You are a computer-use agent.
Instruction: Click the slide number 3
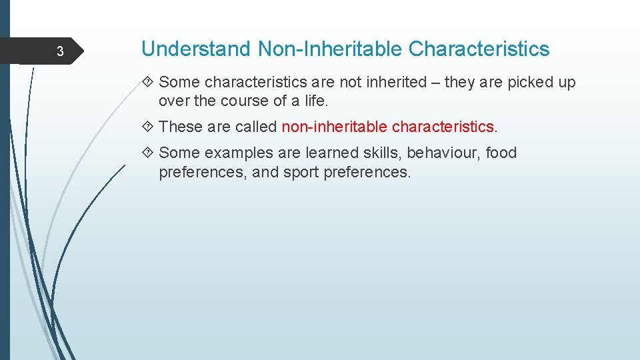(59, 52)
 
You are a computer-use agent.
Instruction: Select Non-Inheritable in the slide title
(330, 49)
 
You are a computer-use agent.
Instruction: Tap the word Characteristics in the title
(479, 49)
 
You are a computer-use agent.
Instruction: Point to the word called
(257, 126)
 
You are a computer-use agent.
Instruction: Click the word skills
(383, 153)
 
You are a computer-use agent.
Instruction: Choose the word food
(501, 153)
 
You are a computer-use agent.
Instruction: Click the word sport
(301, 172)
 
